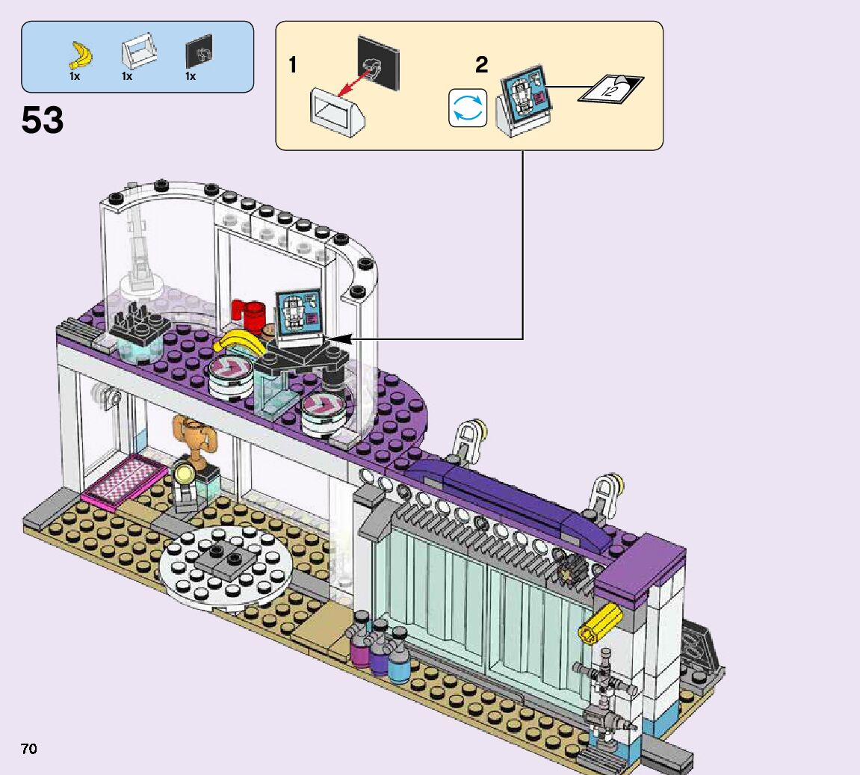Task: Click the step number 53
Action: pos(43,120)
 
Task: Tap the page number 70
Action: pos(28,749)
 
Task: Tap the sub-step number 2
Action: pos(482,66)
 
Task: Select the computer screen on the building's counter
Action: pos(298,313)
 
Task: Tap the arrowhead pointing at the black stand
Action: pos(338,339)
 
